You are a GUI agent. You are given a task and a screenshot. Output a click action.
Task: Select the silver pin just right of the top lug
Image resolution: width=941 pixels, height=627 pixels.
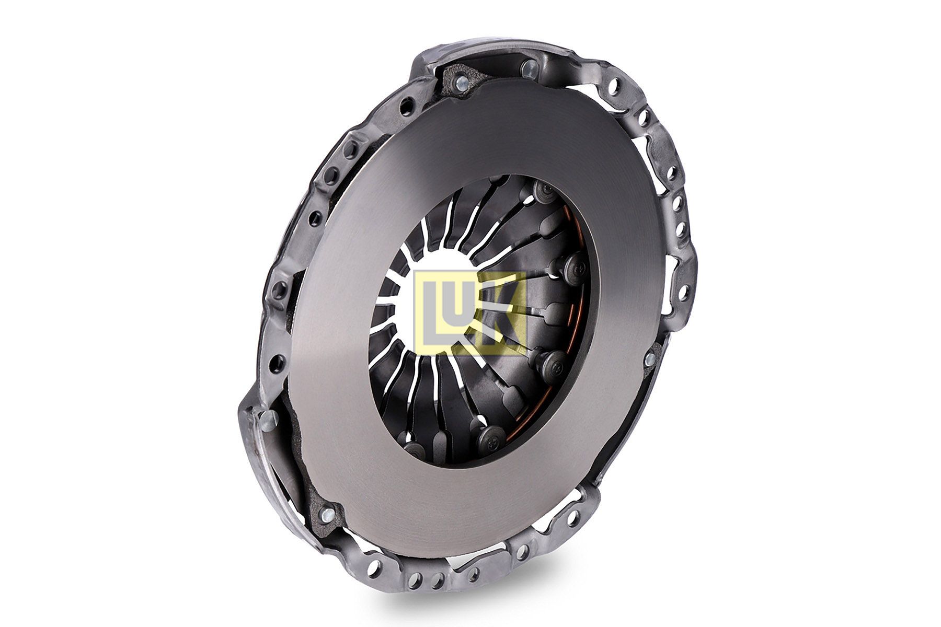coord(529,67)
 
